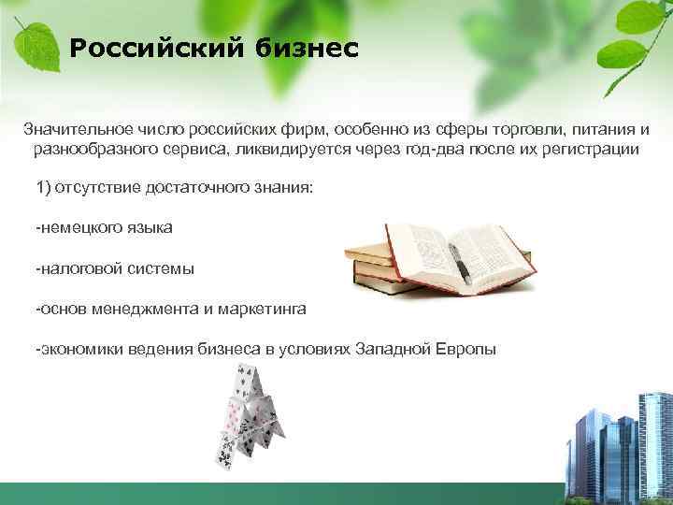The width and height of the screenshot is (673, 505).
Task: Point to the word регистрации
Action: coord(591,149)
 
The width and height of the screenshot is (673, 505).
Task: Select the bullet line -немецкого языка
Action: coord(104,228)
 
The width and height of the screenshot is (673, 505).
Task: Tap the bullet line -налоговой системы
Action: coord(115,268)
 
